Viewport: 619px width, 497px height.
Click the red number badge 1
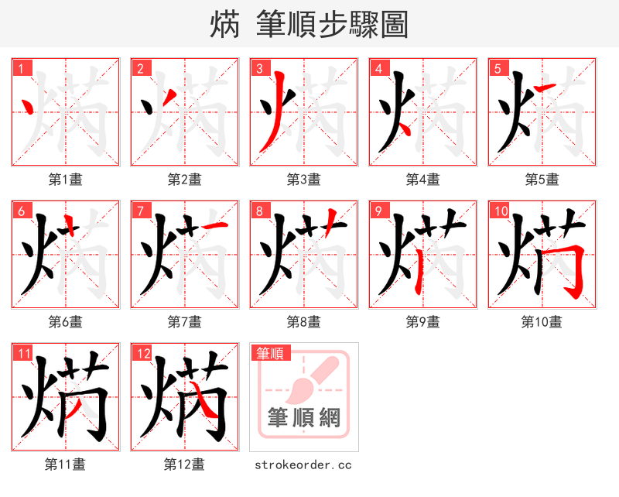(21, 68)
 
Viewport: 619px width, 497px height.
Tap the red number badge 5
(498, 68)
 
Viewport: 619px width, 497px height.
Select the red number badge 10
(500, 211)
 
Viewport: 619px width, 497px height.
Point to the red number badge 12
(142, 354)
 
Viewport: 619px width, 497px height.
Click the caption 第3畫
(303, 180)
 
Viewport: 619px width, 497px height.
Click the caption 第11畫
(65, 464)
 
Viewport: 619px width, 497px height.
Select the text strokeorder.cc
(303, 464)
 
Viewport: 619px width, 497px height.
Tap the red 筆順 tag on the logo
(269, 354)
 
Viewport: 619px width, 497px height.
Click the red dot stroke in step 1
(29, 108)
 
